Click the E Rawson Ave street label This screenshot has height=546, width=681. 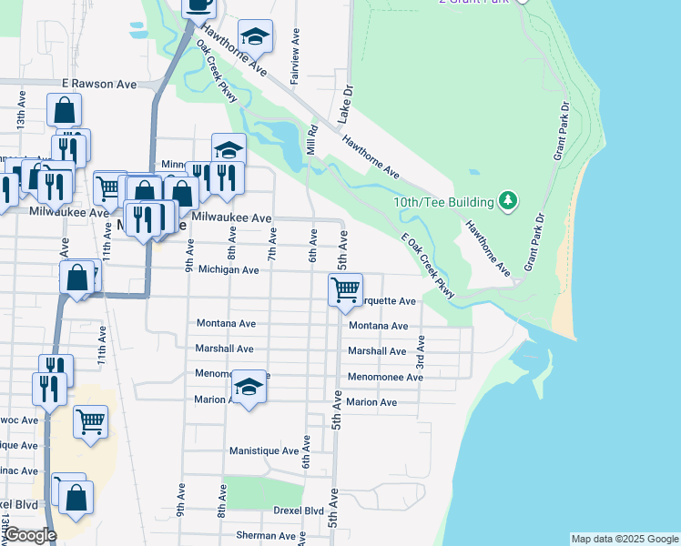click(x=99, y=84)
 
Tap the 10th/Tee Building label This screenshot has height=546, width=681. click(x=443, y=200)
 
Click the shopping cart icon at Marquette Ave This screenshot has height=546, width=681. click(x=345, y=290)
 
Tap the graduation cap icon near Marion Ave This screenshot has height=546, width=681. click(x=249, y=387)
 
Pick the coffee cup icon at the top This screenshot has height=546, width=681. click(x=199, y=5)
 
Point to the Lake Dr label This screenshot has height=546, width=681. click(x=346, y=106)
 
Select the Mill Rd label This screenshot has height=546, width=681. click(x=311, y=141)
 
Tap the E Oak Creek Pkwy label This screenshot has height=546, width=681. click(x=427, y=264)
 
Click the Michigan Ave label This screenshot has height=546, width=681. click(x=229, y=270)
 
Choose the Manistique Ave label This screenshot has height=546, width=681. click(x=264, y=450)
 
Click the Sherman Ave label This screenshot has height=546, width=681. click(x=266, y=536)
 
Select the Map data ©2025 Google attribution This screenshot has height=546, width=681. click(x=625, y=539)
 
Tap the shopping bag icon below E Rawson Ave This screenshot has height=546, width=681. click(x=64, y=110)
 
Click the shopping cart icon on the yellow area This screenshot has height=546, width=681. click(x=90, y=421)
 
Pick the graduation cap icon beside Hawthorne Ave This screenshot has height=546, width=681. click(x=256, y=36)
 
